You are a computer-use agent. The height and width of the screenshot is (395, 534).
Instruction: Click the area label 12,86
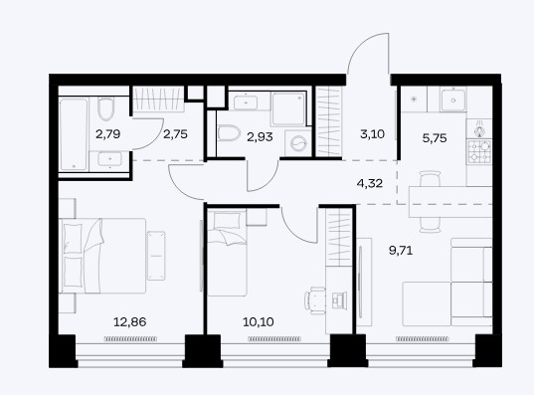[x=129, y=321]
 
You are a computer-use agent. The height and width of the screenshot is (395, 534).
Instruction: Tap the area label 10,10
[x=259, y=321]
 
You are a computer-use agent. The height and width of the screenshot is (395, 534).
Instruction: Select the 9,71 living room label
[x=401, y=251]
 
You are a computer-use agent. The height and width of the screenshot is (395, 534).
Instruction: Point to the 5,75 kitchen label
[x=435, y=138]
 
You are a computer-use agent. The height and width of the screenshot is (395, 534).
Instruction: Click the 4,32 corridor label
[x=370, y=184]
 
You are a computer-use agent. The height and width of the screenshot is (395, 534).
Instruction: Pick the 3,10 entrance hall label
[x=372, y=134]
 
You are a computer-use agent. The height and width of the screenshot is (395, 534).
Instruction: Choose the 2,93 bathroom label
[x=260, y=137]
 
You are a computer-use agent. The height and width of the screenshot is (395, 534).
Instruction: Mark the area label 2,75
[x=175, y=134]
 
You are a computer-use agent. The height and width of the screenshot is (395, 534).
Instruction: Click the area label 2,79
[x=108, y=134]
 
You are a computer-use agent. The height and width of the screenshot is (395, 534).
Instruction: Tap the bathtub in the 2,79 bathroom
[x=74, y=134]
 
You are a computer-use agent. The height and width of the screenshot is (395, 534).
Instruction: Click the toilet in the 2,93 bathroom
[x=229, y=133]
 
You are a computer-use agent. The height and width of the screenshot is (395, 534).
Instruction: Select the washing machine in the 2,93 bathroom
[x=297, y=143]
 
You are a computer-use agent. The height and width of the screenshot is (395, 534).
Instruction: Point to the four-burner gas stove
[x=479, y=152]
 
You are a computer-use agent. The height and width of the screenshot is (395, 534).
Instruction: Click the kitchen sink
[x=452, y=99]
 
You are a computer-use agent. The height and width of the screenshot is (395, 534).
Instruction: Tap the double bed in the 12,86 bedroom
[x=102, y=256]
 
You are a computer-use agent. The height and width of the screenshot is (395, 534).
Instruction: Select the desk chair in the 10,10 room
[x=315, y=300]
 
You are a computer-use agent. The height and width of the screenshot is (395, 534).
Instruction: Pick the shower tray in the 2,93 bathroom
[x=288, y=108]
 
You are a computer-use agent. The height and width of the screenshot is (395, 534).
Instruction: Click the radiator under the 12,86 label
[x=130, y=338]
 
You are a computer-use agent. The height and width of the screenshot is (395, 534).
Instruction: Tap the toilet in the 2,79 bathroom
[x=105, y=108]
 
